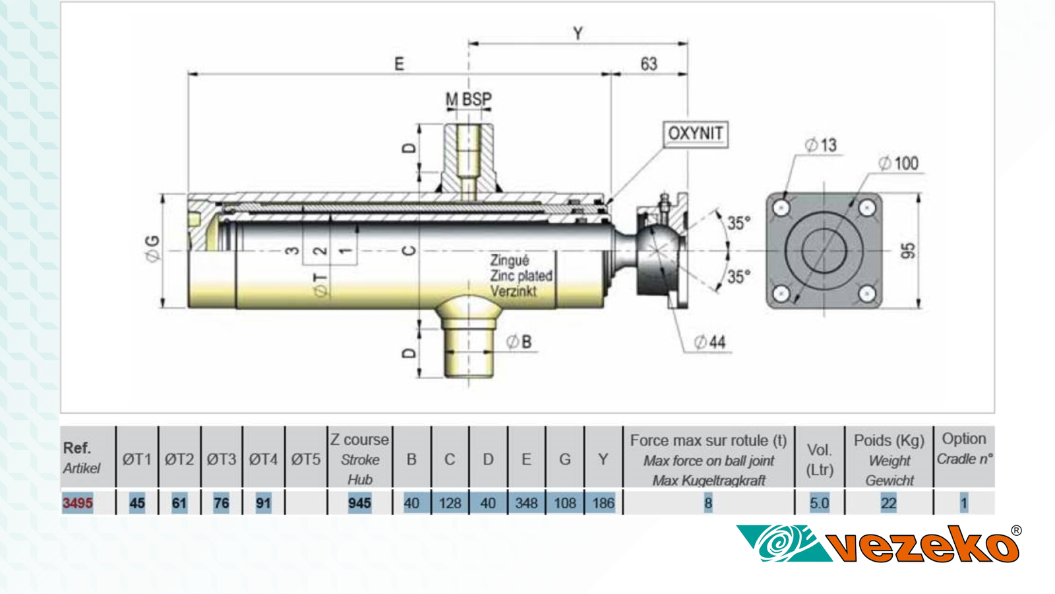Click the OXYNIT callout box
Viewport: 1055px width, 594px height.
point(695,134)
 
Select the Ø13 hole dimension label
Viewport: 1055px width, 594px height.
point(821,145)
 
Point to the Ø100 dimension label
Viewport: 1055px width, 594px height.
point(899,163)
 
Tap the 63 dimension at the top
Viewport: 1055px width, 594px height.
point(649,64)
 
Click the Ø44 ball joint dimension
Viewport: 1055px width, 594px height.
point(710,342)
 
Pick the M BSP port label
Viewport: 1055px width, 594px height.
point(469,100)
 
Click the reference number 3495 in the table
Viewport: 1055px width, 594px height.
point(78,503)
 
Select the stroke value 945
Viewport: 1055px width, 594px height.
point(359,503)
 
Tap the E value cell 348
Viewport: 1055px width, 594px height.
point(526,503)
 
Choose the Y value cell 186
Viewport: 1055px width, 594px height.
point(603,503)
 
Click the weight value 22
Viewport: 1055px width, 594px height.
point(888,503)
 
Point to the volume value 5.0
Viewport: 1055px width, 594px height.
point(819,503)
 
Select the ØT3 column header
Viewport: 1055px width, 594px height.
point(222,459)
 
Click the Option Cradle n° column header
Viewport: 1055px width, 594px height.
point(964,449)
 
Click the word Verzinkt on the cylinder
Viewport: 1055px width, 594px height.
point(513,291)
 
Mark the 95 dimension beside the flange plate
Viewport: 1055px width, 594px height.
point(909,251)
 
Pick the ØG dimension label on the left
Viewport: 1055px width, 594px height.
point(153,249)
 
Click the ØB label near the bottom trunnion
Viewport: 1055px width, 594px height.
point(519,342)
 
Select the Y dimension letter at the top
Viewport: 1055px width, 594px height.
point(578,33)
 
